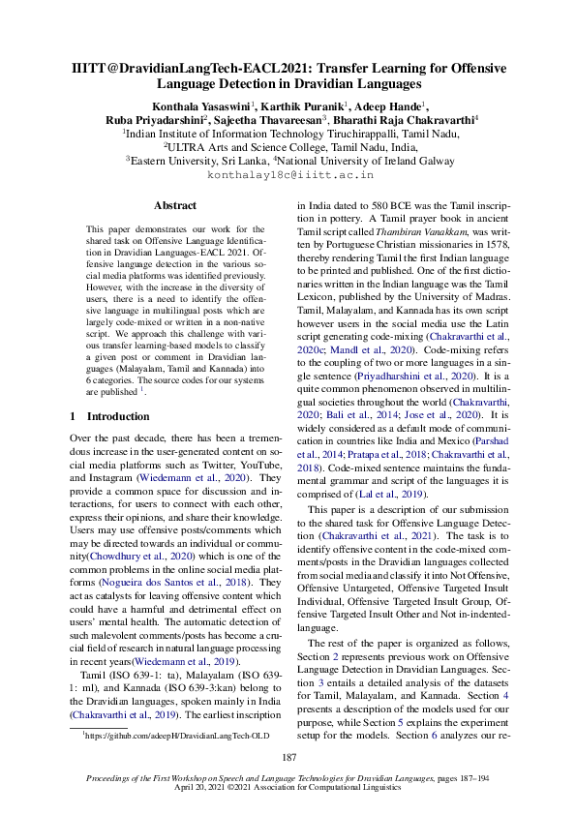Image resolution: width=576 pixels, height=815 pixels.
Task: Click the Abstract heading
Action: tap(175, 206)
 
